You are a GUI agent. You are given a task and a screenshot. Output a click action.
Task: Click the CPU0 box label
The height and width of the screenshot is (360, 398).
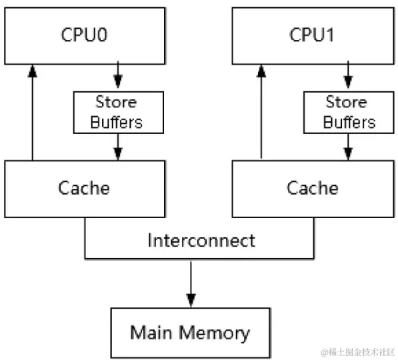point(83,35)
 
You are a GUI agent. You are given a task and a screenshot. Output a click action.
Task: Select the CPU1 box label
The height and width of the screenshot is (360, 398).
point(312,35)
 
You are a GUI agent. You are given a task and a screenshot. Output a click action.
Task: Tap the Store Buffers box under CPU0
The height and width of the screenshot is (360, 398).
point(117,112)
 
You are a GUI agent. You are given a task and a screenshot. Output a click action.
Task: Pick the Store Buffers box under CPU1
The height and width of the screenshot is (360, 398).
point(346,112)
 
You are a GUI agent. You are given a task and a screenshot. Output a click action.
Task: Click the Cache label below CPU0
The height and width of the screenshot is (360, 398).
point(83,188)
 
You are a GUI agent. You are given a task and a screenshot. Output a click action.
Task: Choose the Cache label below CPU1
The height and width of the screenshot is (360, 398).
point(312,188)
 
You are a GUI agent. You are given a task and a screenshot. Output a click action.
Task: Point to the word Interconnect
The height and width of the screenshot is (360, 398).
point(201,240)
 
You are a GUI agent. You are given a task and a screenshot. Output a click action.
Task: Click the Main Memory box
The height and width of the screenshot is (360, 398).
point(190,332)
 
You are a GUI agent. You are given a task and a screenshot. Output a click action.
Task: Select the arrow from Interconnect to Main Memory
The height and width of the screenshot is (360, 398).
point(191,283)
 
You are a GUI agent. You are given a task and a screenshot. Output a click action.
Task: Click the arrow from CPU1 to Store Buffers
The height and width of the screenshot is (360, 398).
point(346,75)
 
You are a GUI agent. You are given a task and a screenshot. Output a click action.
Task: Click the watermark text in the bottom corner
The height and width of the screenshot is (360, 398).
point(359,351)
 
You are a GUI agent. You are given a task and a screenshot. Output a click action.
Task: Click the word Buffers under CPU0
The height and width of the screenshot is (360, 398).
point(117,122)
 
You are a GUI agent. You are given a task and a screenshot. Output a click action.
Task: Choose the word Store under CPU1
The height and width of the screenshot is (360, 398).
point(346,103)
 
